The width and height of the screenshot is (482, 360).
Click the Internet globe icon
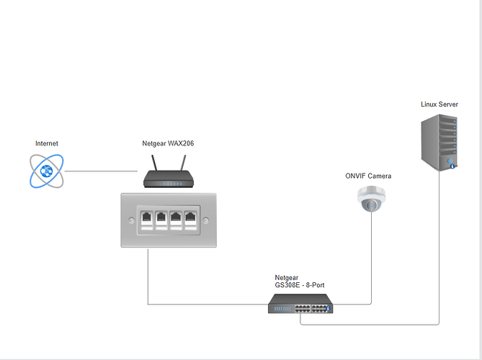tap(47, 171)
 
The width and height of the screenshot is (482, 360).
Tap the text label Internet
tap(47, 144)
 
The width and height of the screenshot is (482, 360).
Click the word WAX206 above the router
tap(181, 144)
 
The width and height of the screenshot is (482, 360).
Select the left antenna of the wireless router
tap(153, 163)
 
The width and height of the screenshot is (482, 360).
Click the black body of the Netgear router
tap(169, 180)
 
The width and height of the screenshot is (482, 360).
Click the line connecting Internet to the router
tap(101, 171)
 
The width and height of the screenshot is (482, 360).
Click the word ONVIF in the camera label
tap(355, 176)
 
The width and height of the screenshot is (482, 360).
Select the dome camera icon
tap(371, 199)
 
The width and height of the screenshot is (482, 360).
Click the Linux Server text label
tap(439, 104)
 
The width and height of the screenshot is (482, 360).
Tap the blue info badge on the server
tap(452, 166)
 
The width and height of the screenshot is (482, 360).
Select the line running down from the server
tap(439, 252)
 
